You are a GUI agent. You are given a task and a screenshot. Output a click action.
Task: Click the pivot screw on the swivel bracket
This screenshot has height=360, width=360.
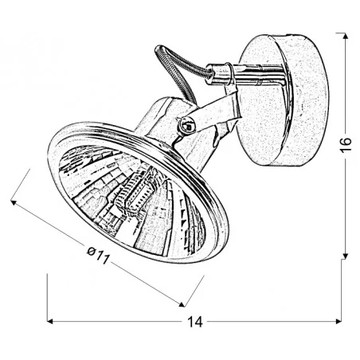coord(186,124)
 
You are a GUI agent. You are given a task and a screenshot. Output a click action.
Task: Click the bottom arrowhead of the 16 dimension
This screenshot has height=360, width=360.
coord(342,255)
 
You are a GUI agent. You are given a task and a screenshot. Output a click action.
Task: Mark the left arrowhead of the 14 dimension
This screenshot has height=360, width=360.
coord(52,322)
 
